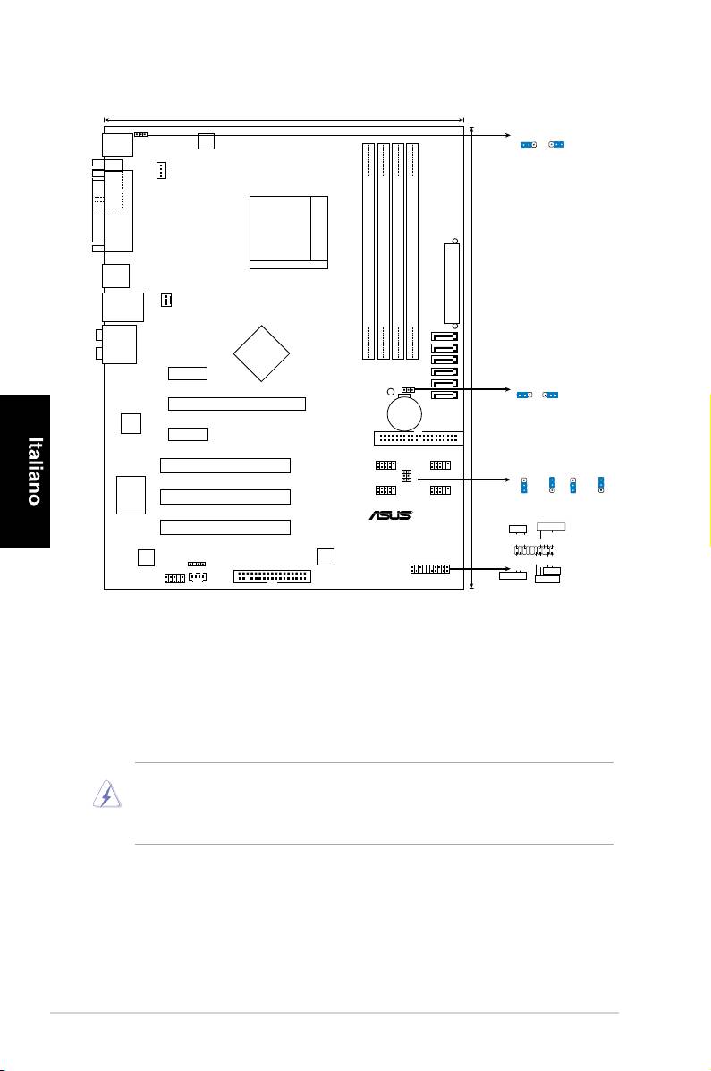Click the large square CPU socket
(x=288, y=231)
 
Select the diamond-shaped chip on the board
(x=262, y=353)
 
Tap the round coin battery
(x=404, y=412)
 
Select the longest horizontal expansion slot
(x=237, y=404)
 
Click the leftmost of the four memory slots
(x=368, y=250)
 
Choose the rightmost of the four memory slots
(x=412, y=250)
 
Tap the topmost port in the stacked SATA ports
(x=444, y=338)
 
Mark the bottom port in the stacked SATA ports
(x=444, y=394)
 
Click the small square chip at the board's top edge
(x=207, y=140)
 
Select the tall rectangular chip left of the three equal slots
(x=131, y=494)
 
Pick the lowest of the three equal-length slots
(x=225, y=527)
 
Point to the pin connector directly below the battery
(x=416, y=439)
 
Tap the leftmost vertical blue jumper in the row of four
(x=524, y=484)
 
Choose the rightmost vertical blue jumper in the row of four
(x=602, y=484)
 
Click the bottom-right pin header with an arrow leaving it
(x=429, y=569)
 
